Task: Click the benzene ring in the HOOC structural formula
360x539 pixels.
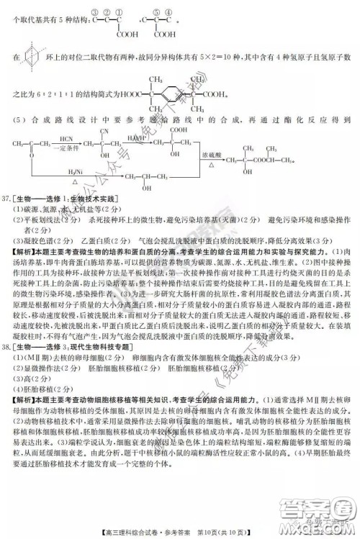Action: click(x=173, y=92)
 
